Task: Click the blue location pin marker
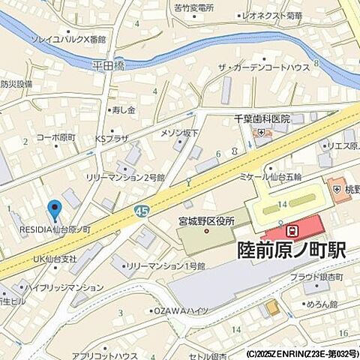pos(54,210)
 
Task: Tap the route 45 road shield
pos(142,211)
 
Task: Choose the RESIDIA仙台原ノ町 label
pos(50,229)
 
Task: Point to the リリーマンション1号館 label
pos(165,265)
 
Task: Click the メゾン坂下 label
pos(180,133)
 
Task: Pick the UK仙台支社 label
pos(55,259)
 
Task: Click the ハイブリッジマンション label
pos(66,287)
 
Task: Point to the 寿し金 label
pos(124,110)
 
